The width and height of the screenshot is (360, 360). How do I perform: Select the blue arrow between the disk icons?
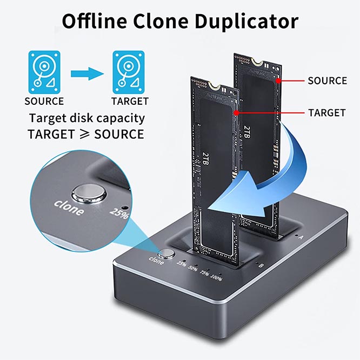[x=86, y=72]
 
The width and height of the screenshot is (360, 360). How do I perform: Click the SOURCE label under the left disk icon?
[x=44, y=101]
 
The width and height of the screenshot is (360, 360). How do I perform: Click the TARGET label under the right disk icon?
[x=130, y=101]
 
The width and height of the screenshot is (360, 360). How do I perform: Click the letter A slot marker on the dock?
[x=301, y=237]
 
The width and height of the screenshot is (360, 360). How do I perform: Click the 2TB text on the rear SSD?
[x=247, y=131]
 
